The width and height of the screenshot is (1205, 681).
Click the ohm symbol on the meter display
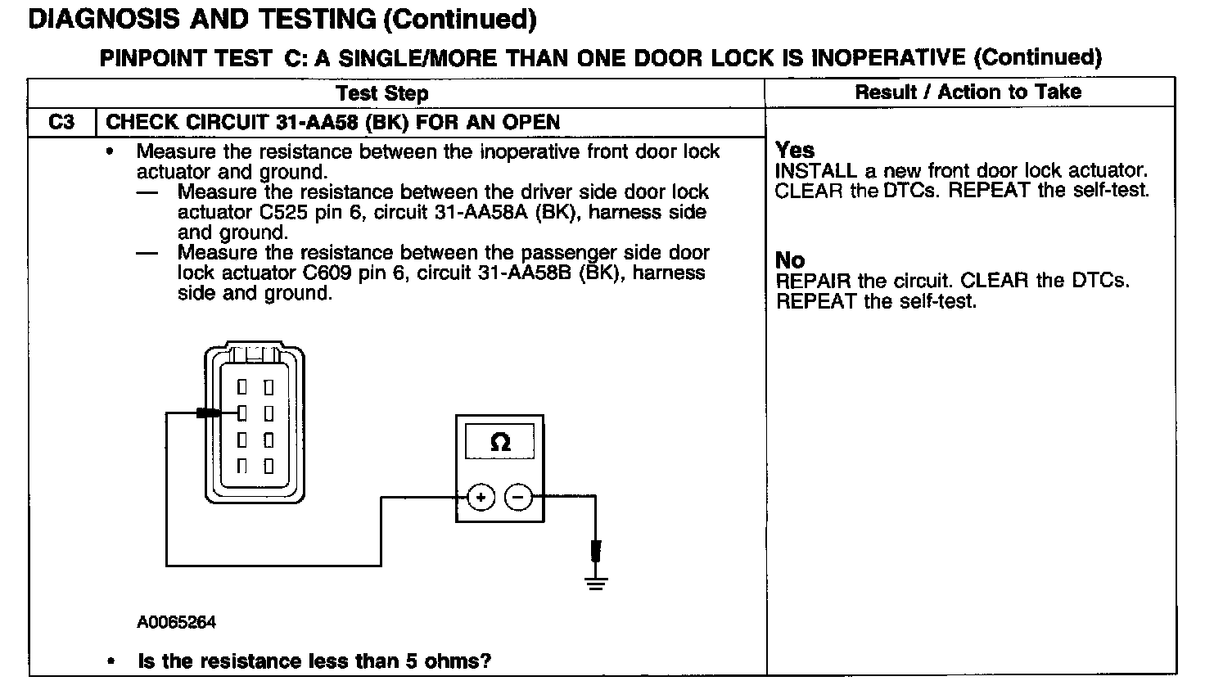[500, 443]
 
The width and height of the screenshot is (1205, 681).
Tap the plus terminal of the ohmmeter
[481, 497]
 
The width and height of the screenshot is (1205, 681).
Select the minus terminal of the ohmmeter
[517, 497]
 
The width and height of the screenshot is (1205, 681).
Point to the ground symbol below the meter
[596, 582]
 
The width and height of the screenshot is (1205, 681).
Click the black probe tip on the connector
[207, 413]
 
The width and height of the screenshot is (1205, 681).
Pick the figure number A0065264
[176, 623]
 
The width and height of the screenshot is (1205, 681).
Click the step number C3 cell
[61, 123]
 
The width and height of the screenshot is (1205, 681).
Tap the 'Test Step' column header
[382, 93]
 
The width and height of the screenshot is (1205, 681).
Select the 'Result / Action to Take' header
[968, 92]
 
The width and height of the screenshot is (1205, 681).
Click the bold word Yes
[795, 151]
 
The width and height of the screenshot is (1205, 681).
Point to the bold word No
[789, 261]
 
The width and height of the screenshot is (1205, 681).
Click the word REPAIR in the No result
[813, 282]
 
